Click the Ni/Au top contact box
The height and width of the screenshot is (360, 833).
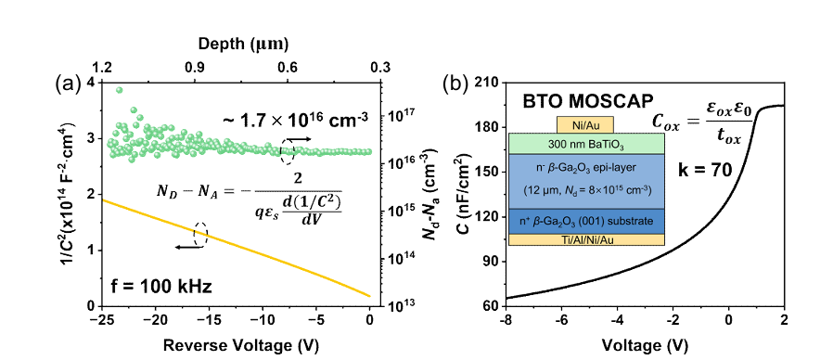pyautogui.click(x=585, y=124)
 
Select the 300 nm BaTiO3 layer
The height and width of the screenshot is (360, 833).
pyautogui.click(x=586, y=143)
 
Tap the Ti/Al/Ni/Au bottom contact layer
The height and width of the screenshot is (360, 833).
pyautogui.click(x=586, y=239)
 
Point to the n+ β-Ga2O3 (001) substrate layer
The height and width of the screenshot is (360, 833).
pyautogui.click(x=586, y=221)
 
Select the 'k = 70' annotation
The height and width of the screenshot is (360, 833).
pyautogui.click(x=703, y=170)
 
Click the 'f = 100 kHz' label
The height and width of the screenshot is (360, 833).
pyautogui.click(x=161, y=288)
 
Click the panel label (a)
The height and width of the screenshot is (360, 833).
pyautogui.click(x=68, y=84)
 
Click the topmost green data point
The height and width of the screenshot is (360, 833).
pyautogui.click(x=119, y=90)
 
